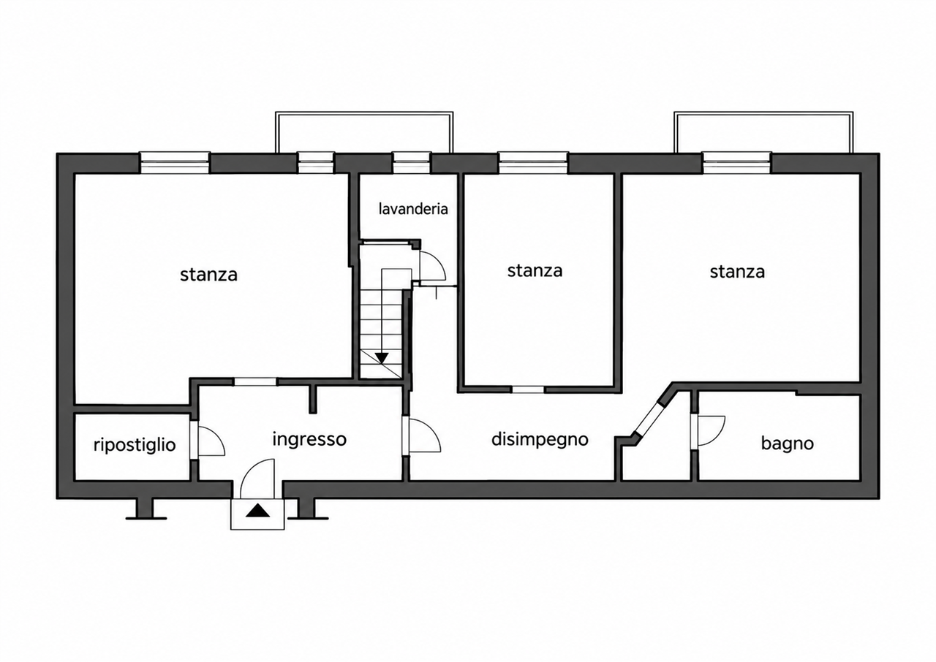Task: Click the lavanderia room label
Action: pyautogui.click(x=413, y=209)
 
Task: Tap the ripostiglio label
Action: pyautogui.click(x=135, y=446)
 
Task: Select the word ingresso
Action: pyautogui.click(x=309, y=440)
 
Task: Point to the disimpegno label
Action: pyautogui.click(x=540, y=440)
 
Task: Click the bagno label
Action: pyautogui.click(x=788, y=444)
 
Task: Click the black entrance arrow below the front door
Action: pyautogui.click(x=258, y=511)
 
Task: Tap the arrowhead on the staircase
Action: pyautogui.click(x=382, y=358)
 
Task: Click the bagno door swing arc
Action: pyautogui.click(x=719, y=434)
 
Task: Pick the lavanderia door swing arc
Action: pyautogui.click(x=439, y=263)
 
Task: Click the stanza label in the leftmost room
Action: pyautogui.click(x=208, y=275)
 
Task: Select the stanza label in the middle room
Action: pyautogui.click(x=535, y=271)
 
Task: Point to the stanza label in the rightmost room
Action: pyautogui.click(x=737, y=272)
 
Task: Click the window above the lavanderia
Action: pyautogui.click(x=412, y=162)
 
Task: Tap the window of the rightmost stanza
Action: pyautogui.click(x=736, y=162)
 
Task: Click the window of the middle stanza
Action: pyautogui.click(x=533, y=162)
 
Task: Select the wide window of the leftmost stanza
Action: pyautogui.click(x=174, y=162)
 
